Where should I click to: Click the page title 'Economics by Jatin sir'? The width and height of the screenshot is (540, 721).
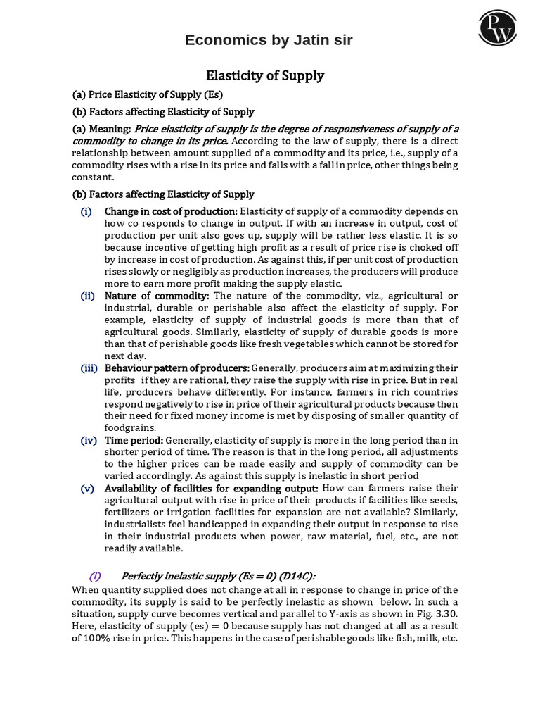pos(269,41)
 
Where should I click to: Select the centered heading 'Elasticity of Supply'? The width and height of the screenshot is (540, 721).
pos(264,75)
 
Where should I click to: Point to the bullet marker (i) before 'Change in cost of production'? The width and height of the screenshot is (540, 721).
pos(86,211)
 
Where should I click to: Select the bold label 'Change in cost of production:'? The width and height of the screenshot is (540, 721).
pos(171,211)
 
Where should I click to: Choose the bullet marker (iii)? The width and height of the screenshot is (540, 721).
pos(89,368)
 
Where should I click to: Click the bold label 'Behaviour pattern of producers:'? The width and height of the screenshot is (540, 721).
pos(176,368)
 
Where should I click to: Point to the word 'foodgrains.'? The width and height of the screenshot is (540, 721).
pos(131,427)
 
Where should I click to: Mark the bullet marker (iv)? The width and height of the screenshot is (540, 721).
pos(88,440)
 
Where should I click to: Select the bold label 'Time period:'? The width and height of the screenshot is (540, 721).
pos(134,440)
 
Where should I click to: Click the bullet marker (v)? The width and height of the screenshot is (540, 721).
pos(88,488)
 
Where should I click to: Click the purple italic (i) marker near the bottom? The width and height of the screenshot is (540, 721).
pos(95,576)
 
